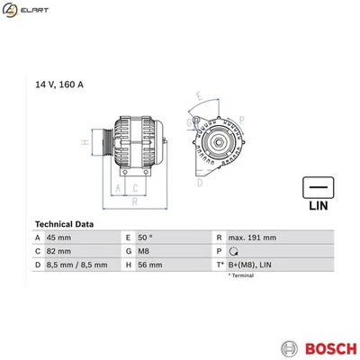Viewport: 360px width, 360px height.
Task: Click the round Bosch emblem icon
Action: click(288, 347)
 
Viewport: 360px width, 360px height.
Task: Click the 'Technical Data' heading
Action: click(66, 224)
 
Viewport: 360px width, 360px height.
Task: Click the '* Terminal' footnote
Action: click(241, 276)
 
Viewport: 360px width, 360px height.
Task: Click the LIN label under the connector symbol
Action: click(317, 205)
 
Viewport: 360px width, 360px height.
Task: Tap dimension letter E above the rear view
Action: click(199, 94)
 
